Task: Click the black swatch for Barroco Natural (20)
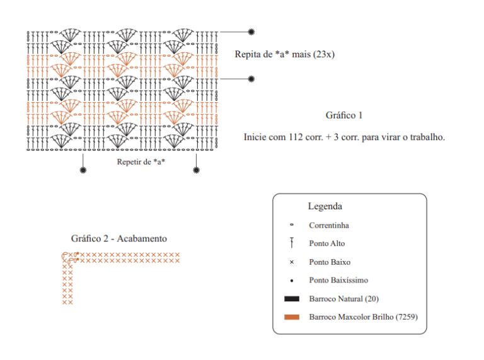(x=292, y=299)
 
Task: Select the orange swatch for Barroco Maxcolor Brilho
(x=292, y=316)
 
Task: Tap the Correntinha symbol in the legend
(x=292, y=225)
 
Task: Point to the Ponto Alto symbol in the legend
(x=292, y=243)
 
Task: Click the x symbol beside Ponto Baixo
(x=292, y=262)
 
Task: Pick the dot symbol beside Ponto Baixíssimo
(x=292, y=281)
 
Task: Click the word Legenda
(x=325, y=206)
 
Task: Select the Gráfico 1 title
(x=344, y=115)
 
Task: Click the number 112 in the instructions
(x=296, y=137)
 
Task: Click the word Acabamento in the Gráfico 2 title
(x=142, y=238)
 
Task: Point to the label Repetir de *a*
(x=141, y=162)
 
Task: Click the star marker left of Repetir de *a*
(x=83, y=170)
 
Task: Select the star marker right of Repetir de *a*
(x=197, y=170)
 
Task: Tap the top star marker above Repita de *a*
(x=251, y=32)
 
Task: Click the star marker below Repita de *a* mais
(x=251, y=79)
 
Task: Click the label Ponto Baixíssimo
(x=338, y=281)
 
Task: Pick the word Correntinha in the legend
(x=329, y=225)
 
